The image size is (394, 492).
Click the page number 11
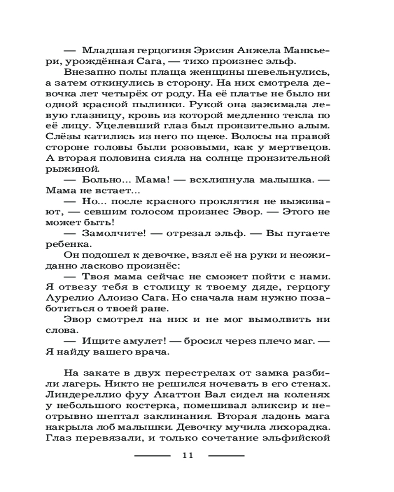pyautogui.click(x=188, y=455)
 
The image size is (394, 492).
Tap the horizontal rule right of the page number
pyautogui.click(x=226, y=456)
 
